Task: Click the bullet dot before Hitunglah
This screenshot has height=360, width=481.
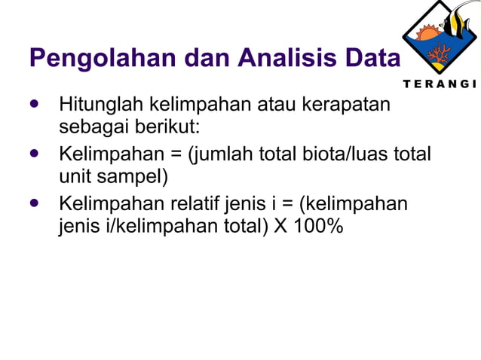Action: pos(35,103)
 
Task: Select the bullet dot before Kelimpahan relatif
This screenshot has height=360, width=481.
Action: pos(35,204)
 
